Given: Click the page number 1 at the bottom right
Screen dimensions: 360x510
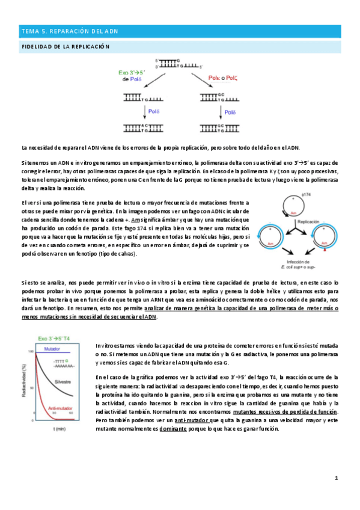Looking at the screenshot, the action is click(x=337, y=478).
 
